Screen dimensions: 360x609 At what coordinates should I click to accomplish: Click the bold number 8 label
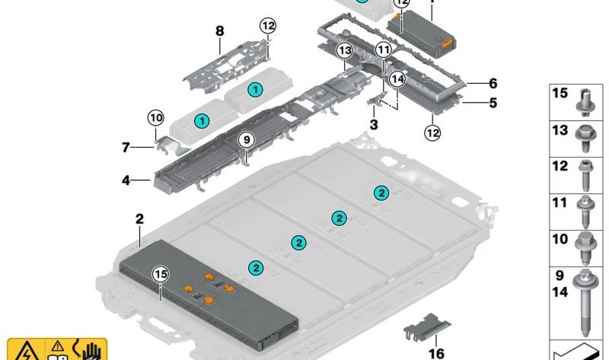(220, 32)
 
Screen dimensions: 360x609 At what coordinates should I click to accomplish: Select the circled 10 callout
(155, 118)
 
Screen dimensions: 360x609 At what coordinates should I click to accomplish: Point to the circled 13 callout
(345, 51)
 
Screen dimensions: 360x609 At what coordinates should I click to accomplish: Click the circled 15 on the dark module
(160, 274)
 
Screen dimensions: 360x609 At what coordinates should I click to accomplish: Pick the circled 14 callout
(396, 78)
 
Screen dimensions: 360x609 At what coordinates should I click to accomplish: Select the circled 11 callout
(383, 50)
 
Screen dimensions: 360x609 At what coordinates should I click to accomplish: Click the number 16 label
(436, 352)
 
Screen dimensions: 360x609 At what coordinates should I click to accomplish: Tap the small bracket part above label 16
(426, 328)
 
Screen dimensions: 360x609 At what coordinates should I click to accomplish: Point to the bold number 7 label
(126, 147)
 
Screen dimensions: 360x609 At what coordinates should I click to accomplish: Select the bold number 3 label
(374, 124)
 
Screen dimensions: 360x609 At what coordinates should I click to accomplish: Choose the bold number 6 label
(493, 84)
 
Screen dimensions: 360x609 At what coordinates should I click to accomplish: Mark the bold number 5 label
(493, 102)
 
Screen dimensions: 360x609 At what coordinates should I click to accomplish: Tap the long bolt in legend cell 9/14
(587, 304)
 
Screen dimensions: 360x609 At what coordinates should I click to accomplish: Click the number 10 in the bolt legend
(560, 239)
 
